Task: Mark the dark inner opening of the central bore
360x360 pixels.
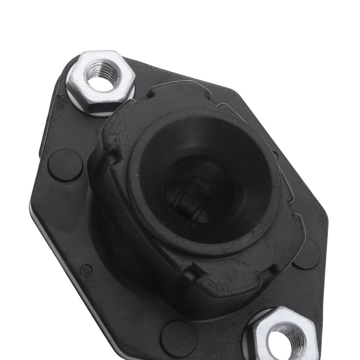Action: (198, 184)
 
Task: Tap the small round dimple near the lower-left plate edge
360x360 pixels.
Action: (86, 270)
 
